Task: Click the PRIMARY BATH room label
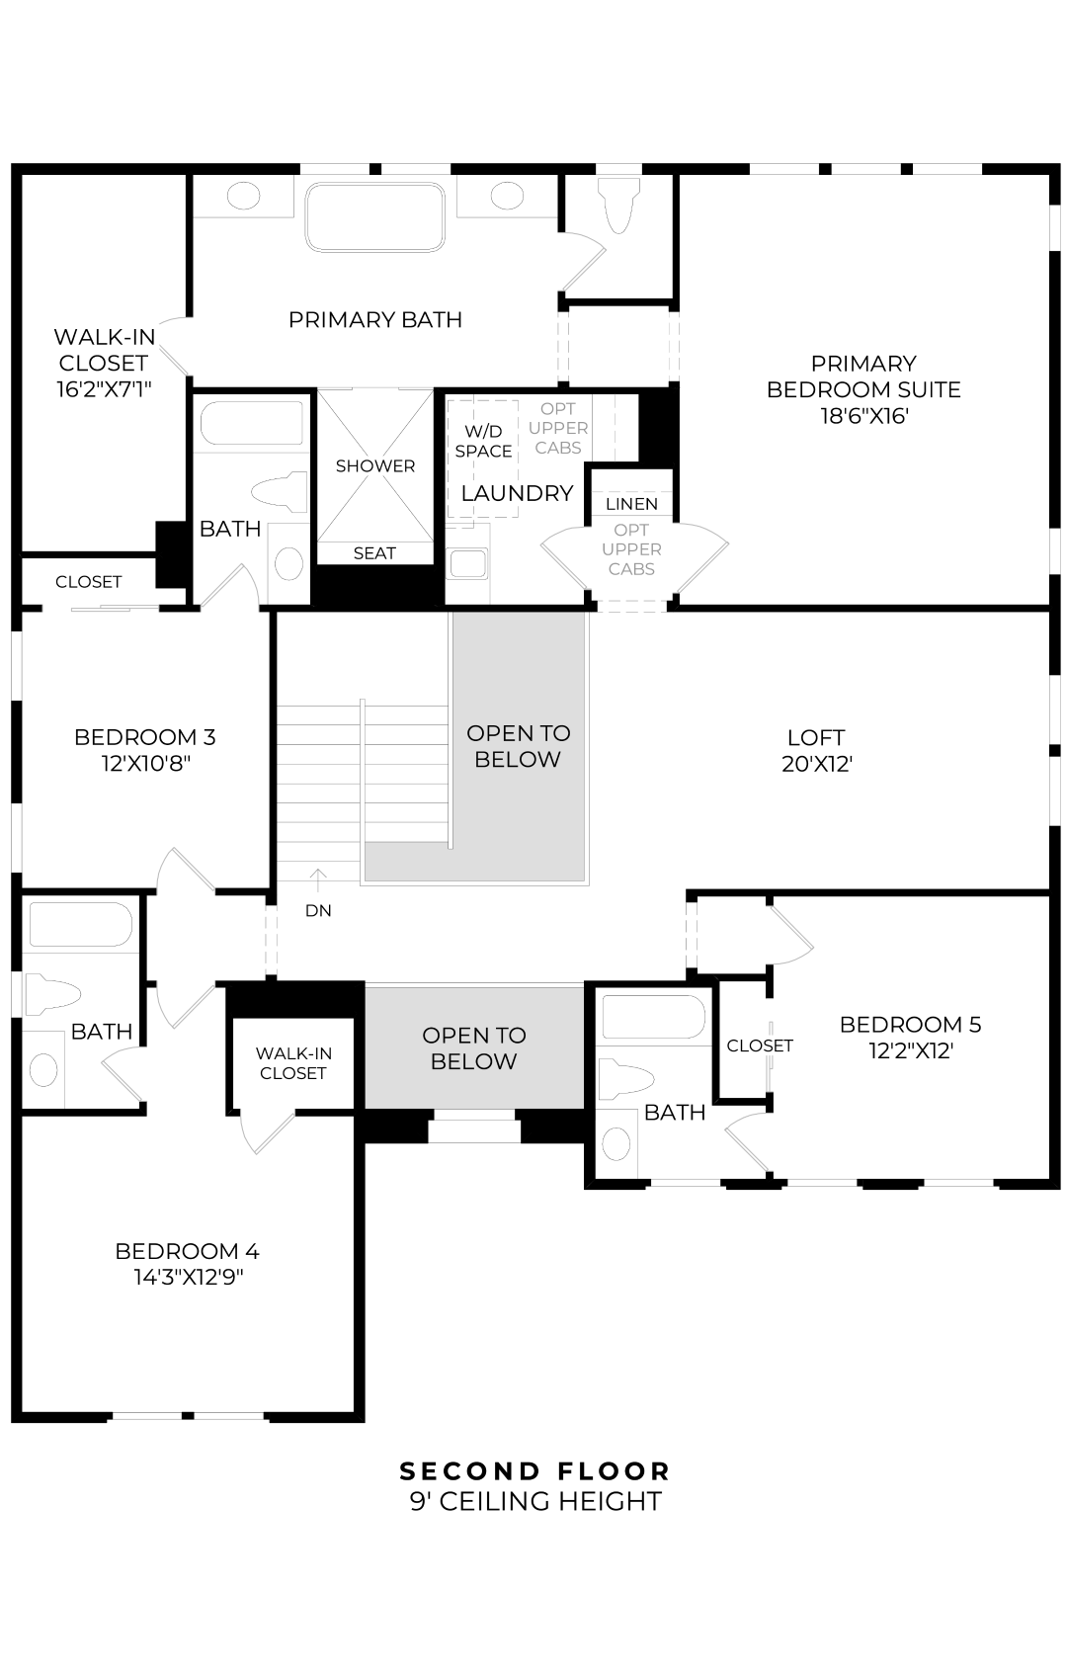click(374, 319)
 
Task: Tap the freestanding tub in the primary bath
click(374, 217)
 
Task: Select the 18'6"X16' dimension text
click(863, 416)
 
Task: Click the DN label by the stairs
click(318, 910)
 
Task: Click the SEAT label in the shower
click(374, 553)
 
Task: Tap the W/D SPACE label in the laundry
click(483, 441)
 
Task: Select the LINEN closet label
click(631, 504)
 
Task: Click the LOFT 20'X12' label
click(816, 750)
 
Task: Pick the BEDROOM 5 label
click(910, 1024)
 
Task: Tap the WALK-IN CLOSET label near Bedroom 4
click(292, 1063)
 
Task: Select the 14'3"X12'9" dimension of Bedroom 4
click(188, 1278)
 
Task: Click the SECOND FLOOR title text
click(534, 1470)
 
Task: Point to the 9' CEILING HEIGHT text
click(534, 1502)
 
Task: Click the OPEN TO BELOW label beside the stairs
click(518, 746)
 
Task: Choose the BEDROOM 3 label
click(144, 737)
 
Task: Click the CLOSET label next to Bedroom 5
click(760, 1045)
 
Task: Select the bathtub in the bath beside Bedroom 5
click(653, 1017)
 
